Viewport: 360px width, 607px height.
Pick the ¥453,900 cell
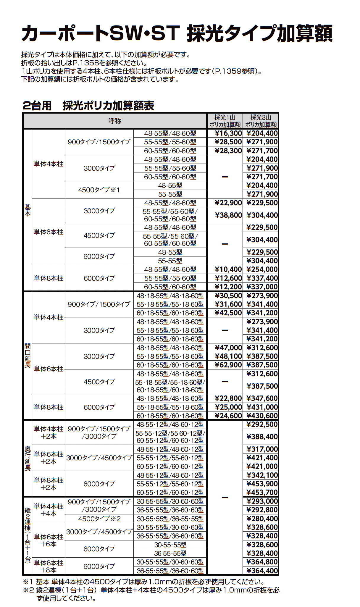262,484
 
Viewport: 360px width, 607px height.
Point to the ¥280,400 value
262,519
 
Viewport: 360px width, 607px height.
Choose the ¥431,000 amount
262,407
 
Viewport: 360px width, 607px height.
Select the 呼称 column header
115,121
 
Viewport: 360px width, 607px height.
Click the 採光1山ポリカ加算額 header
225,121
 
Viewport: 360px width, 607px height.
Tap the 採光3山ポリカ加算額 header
261,121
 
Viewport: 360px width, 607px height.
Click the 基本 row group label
28,210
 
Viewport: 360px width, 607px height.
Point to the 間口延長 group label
28,355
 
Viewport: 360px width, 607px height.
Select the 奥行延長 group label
28,458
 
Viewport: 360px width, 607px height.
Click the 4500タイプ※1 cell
99,190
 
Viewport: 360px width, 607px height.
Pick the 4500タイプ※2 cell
99,519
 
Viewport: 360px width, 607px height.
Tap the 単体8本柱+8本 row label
49,566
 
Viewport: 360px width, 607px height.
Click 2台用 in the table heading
37,106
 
